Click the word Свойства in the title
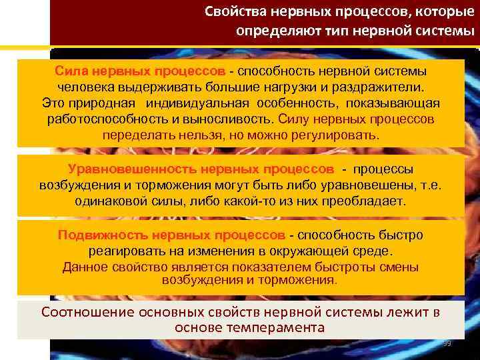[x=233, y=12]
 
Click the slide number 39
[x=447, y=343]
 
